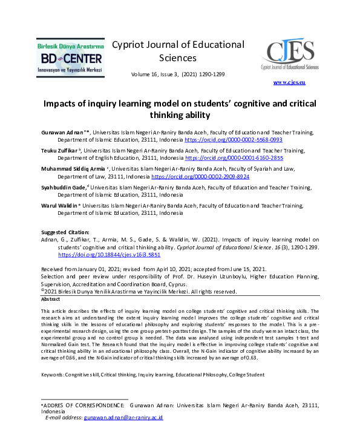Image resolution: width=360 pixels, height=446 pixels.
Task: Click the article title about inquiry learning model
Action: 180,109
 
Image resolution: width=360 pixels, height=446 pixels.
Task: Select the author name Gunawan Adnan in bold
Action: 61,132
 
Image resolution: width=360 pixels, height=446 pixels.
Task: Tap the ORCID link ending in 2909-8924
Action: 200,177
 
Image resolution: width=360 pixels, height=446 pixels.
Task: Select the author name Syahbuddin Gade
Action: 63,188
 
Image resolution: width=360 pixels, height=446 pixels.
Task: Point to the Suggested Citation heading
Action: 65,232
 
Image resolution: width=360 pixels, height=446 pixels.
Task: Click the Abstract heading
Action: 51,300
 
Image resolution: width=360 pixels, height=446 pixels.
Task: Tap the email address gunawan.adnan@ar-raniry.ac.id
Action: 124,418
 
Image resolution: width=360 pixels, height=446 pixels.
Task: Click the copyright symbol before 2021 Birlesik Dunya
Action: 43,290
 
